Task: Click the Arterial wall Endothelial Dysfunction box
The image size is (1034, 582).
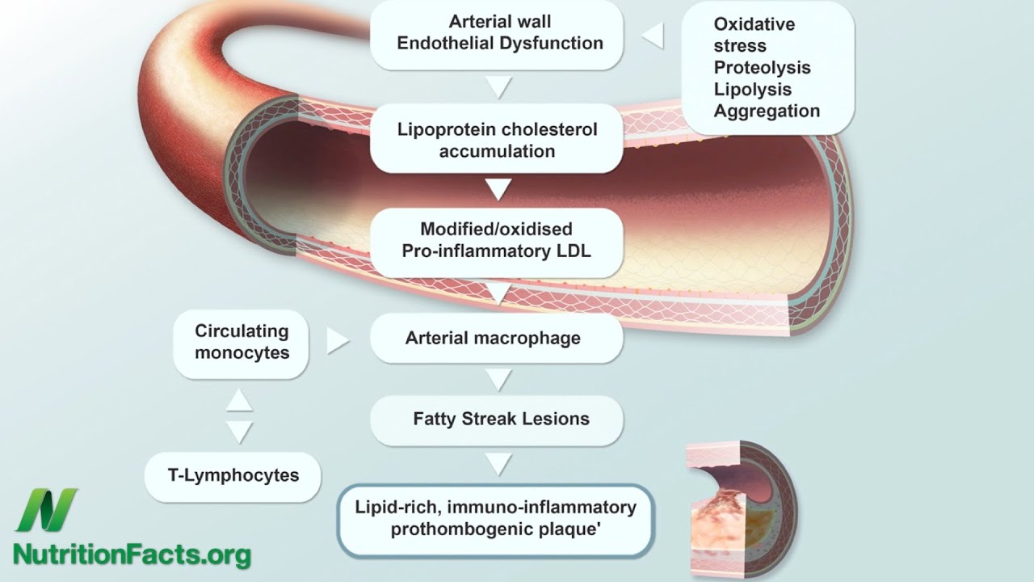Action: pyautogui.click(x=496, y=32)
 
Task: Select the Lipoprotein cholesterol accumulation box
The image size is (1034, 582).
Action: pyautogui.click(x=496, y=140)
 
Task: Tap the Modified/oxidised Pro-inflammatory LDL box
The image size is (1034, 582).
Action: pyautogui.click(x=496, y=240)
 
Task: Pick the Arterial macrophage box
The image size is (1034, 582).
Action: pyautogui.click(x=496, y=338)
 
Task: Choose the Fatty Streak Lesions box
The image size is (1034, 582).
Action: pyautogui.click(x=496, y=419)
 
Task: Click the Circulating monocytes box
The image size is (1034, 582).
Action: pyautogui.click(x=241, y=342)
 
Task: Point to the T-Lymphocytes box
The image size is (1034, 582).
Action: pyautogui.click(x=233, y=475)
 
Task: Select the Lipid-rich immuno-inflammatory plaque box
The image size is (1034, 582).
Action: pyautogui.click(x=494, y=519)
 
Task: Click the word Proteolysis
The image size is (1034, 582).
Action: pyautogui.click(x=762, y=68)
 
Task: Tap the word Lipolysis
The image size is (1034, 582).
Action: pyautogui.click(x=752, y=90)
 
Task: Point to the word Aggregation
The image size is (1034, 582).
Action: pyautogui.click(x=766, y=112)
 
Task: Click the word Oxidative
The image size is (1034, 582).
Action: pyautogui.click(x=754, y=24)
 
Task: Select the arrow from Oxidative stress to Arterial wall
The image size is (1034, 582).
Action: pyautogui.click(x=653, y=36)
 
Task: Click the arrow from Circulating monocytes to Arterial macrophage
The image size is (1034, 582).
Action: pyautogui.click(x=338, y=341)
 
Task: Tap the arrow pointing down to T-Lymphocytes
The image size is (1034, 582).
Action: pyautogui.click(x=239, y=432)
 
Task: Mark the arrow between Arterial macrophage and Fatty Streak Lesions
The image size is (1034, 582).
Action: pyautogui.click(x=498, y=378)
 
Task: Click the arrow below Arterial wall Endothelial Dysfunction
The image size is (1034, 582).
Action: pyautogui.click(x=498, y=87)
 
